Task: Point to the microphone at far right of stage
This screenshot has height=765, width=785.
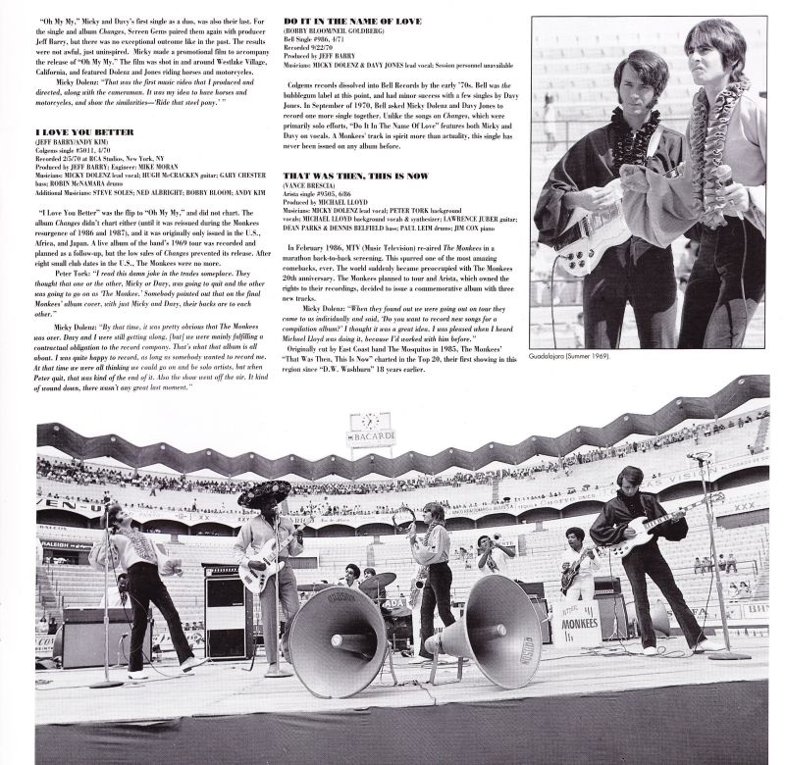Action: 699,458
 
